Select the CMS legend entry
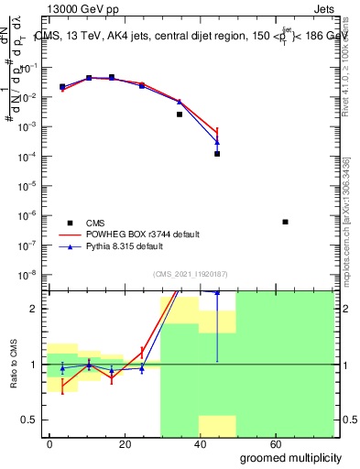(95, 223)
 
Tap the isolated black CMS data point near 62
(286, 222)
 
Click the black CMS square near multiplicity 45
(217, 154)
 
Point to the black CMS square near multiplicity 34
(180, 115)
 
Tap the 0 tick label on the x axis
(49, 443)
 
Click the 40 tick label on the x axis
(201, 443)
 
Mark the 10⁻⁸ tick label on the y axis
(28, 274)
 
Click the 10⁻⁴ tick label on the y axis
(28, 157)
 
